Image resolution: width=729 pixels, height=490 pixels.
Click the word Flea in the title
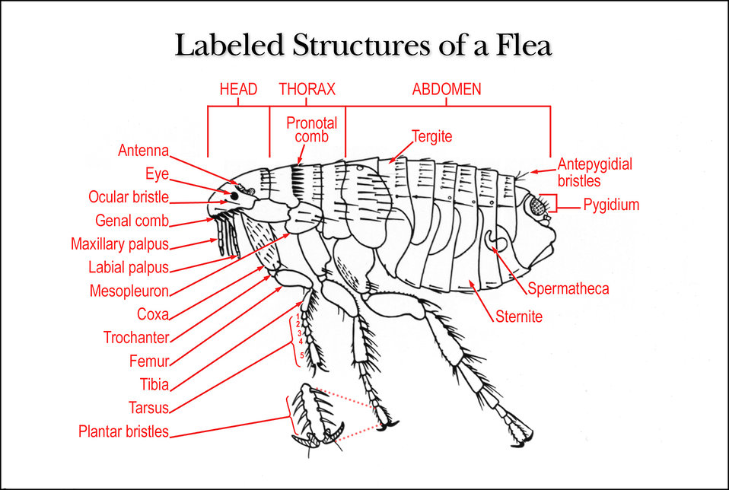pyautogui.click(x=524, y=46)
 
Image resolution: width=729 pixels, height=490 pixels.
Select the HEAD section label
pyautogui.click(x=238, y=89)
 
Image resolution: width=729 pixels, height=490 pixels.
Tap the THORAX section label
pyautogui.click(x=307, y=89)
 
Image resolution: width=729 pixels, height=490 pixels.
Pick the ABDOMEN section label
pyautogui.click(x=447, y=89)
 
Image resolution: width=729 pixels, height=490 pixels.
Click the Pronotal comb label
pyautogui.click(x=311, y=129)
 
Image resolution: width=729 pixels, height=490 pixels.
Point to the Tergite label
pyautogui.click(x=432, y=137)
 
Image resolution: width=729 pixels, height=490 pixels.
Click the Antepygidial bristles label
pyautogui.click(x=595, y=172)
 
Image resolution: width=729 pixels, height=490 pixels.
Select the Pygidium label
pyautogui.click(x=611, y=205)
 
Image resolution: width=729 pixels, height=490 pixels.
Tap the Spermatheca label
pyautogui.click(x=568, y=288)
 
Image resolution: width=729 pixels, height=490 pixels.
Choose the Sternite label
pyautogui.click(x=519, y=317)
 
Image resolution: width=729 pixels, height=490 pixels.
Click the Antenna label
pyautogui.click(x=143, y=150)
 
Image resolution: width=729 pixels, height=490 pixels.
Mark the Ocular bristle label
pyautogui.click(x=129, y=196)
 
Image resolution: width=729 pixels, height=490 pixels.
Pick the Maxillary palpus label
pyautogui.click(x=120, y=244)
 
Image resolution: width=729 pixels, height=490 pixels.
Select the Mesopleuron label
pyautogui.click(x=129, y=291)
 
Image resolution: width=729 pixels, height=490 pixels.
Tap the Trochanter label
pyautogui.click(x=136, y=338)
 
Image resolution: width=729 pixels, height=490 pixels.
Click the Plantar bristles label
pyautogui.click(x=124, y=431)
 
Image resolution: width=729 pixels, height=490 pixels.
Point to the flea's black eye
pyautogui.click(x=234, y=196)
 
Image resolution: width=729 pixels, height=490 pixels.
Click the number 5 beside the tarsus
pyautogui.click(x=302, y=355)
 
